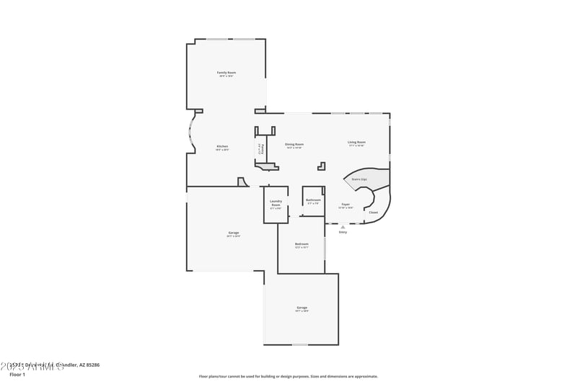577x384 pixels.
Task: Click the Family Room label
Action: coord(227,73)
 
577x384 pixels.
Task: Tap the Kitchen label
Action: coord(222,146)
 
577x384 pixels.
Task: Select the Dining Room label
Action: coord(294,144)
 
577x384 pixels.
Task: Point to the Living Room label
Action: coord(357,142)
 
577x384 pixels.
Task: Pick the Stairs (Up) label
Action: coord(359,179)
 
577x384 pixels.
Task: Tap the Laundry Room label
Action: coord(276,203)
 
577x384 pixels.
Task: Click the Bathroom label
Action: coord(313,200)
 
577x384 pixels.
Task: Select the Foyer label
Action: coord(345,204)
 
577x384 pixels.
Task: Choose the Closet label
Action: coord(373,213)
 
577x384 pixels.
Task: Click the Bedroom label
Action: coord(301,244)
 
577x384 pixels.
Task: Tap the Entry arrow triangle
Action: coord(343,227)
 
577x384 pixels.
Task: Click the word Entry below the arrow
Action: coord(343,232)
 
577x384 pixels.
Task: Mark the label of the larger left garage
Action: coord(234,233)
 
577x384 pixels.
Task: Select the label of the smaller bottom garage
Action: coord(301,308)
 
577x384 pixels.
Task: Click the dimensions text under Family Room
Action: coord(227,76)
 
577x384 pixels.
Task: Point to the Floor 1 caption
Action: coord(17,375)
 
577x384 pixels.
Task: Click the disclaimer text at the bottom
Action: coord(288,376)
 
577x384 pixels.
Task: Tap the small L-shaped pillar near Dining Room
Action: coord(322,166)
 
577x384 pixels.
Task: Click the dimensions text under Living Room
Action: coord(357,146)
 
